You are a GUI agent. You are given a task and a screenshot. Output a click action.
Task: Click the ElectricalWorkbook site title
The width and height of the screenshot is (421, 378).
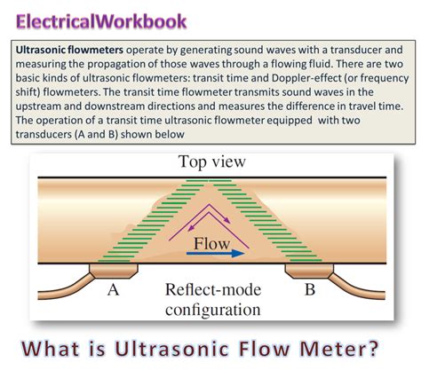coord(102,20)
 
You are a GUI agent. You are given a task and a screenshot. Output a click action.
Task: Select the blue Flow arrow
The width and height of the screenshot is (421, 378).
coord(212,252)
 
